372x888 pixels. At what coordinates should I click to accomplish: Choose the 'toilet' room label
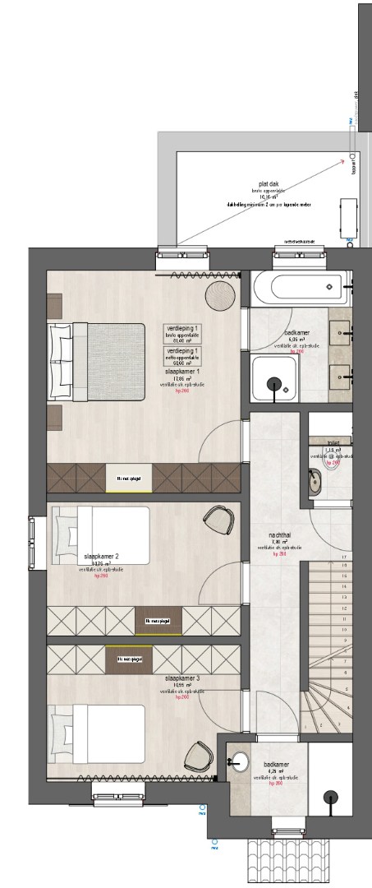pyautogui.click(x=333, y=442)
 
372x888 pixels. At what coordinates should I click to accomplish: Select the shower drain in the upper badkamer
pyautogui.click(x=273, y=381)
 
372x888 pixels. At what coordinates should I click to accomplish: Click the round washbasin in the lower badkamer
pyautogui.click(x=239, y=761)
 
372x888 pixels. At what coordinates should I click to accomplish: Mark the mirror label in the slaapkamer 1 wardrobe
pyautogui.click(x=128, y=477)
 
